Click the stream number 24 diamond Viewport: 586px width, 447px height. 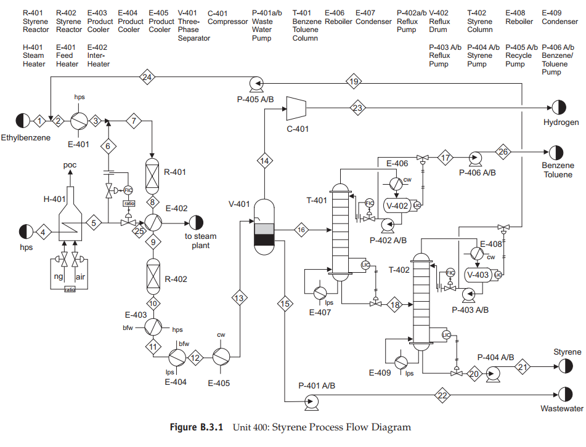(147, 78)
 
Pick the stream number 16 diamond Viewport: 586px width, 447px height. (301, 230)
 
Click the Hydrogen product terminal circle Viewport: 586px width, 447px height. (558, 107)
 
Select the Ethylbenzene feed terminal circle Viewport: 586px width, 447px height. (23, 121)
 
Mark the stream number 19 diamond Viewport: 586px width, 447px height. (354, 81)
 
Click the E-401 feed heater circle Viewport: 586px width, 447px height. (79, 121)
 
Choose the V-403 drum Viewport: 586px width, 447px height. (479, 275)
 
